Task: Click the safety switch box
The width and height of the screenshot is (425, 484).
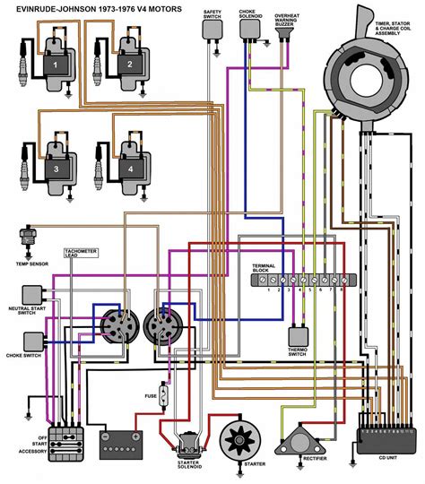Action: point(212,29)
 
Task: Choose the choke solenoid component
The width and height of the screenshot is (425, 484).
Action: point(249,30)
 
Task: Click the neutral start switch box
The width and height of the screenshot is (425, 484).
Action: point(34,294)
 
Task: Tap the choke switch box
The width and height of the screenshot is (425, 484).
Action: point(34,341)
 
